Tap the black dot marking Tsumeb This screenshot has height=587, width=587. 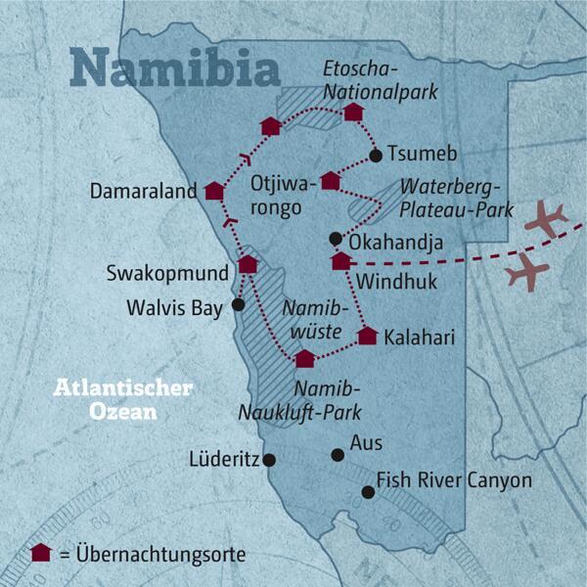(x=375, y=156)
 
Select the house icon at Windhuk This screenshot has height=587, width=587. (x=340, y=260)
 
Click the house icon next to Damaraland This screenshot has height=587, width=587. (x=214, y=192)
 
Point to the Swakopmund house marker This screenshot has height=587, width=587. (x=248, y=264)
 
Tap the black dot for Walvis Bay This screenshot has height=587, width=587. (x=238, y=305)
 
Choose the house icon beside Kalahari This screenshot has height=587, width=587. (x=367, y=337)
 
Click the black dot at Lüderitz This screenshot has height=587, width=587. (x=270, y=459)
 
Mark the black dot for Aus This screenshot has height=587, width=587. (x=338, y=454)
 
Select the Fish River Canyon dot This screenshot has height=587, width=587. (x=368, y=492)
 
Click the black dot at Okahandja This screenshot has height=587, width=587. (x=335, y=238)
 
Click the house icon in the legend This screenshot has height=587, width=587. (x=41, y=553)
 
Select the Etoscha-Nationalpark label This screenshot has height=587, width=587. (x=381, y=81)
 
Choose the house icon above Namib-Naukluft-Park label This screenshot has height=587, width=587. (x=305, y=358)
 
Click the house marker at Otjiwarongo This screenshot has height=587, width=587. (x=331, y=180)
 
